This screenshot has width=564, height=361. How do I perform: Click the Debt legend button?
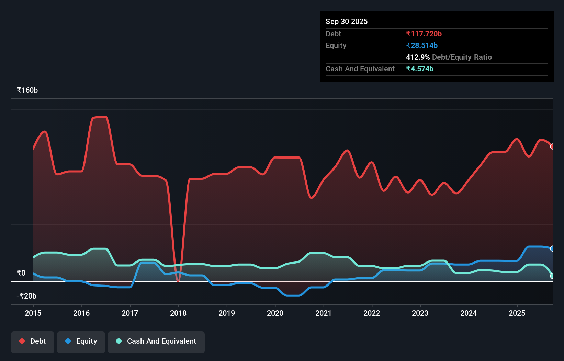click(33, 342)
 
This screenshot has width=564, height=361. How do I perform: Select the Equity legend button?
click(81, 342)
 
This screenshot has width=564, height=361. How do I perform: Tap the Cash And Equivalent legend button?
click(156, 342)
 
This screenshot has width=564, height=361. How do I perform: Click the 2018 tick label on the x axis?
click(178, 313)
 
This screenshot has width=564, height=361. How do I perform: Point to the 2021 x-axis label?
click(324, 313)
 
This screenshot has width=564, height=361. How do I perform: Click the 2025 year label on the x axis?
click(517, 313)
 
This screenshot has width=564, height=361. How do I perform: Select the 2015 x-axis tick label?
click(33, 313)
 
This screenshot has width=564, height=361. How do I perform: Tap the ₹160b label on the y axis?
click(27, 90)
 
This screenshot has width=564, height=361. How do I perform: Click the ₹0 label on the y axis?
click(21, 273)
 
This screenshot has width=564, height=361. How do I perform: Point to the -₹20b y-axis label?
click(26, 296)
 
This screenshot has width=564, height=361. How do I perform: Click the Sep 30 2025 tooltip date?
click(346, 21)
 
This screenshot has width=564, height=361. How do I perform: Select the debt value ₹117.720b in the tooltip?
click(424, 34)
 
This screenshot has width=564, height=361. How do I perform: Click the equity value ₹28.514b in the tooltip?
click(421, 45)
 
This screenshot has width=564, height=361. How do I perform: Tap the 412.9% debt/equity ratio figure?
click(418, 57)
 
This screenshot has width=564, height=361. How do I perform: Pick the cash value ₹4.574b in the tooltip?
click(419, 69)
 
